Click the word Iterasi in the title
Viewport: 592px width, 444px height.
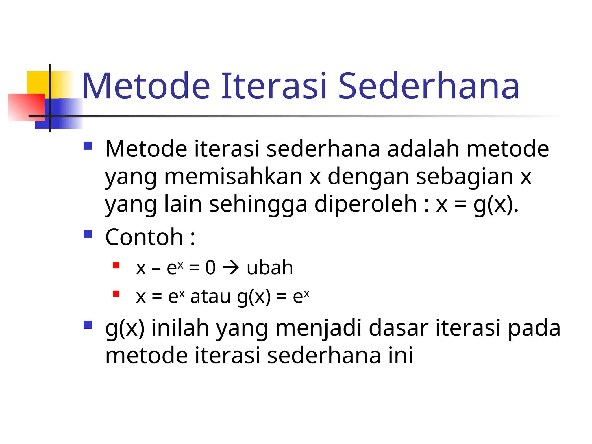click(x=274, y=86)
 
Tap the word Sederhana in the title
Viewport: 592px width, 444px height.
click(x=428, y=86)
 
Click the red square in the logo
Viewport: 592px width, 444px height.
click(x=26, y=107)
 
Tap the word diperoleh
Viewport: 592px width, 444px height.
click(x=365, y=204)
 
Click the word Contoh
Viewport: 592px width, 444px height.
click(x=144, y=237)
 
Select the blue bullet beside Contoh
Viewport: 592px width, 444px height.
click(x=88, y=234)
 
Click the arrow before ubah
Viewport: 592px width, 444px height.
click(x=231, y=268)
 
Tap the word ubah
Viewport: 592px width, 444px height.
click(x=270, y=268)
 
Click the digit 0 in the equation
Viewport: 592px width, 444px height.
click(x=210, y=268)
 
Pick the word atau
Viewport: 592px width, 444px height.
click(x=210, y=297)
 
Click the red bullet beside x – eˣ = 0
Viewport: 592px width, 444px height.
click(x=116, y=265)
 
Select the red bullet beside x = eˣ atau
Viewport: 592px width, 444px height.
click(x=116, y=294)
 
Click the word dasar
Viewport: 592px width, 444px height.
click(x=398, y=328)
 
